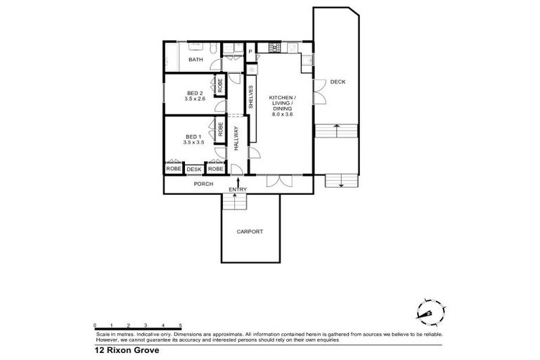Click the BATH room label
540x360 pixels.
click(195, 60)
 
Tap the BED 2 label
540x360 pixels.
click(195, 94)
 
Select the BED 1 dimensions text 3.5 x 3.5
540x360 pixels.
click(193, 143)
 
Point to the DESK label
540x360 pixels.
click(195, 169)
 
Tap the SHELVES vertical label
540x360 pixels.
click(250, 96)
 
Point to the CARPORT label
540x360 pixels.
click(250, 231)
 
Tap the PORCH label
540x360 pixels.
click(203, 184)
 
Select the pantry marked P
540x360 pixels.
click(250, 51)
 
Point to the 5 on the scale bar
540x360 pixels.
click(181, 325)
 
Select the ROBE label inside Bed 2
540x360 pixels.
click(220, 86)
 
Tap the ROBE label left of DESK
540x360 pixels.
click(173, 169)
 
